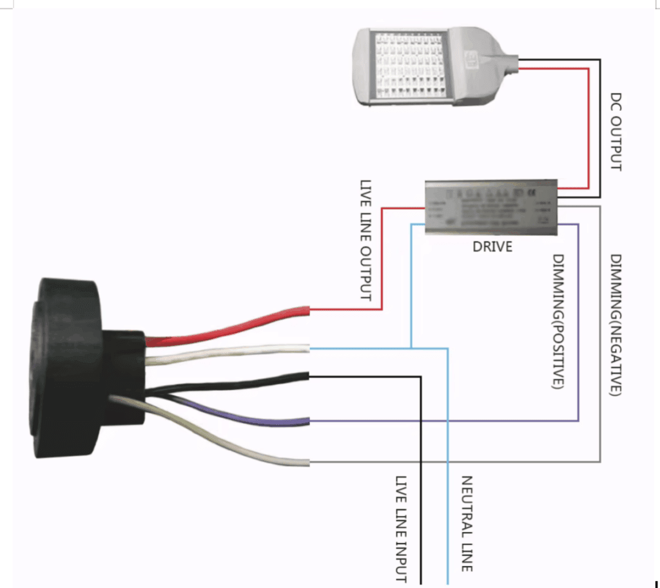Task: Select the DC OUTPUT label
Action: (616, 133)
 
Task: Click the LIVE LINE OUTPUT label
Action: (365, 240)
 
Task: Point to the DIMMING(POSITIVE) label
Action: (559, 322)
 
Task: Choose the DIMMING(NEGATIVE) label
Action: (616, 325)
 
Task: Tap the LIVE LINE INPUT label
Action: (402, 529)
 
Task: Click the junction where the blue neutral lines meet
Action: (412, 348)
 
